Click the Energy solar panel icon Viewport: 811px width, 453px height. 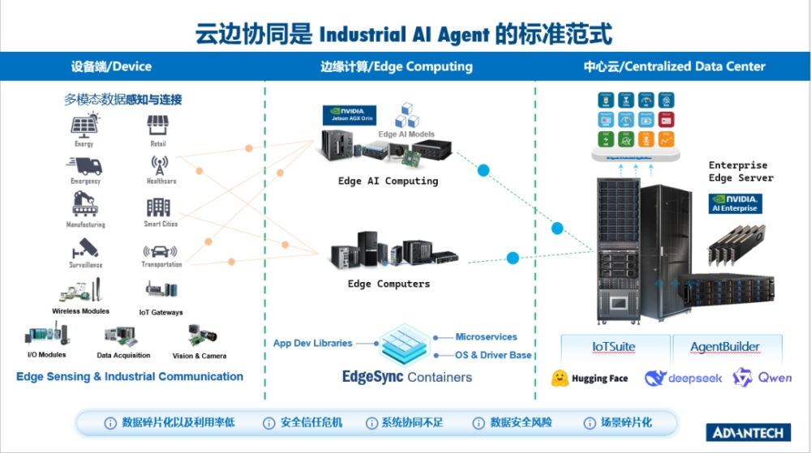click(84, 126)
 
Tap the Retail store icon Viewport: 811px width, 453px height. click(157, 126)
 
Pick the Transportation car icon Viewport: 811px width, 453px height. click(160, 251)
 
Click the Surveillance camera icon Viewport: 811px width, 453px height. click(85, 249)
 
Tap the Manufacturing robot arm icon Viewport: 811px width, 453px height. click(85, 206)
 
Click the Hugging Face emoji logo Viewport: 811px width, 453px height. click(559, 378)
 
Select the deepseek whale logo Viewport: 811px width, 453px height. click(655, 378)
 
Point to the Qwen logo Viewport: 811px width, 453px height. click(742, 377)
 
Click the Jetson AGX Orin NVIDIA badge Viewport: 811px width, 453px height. click(349, 114)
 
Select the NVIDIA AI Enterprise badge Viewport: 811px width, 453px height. click(735, 203)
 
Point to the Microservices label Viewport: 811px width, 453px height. click(486, 336)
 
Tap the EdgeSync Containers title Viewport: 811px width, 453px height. click(406, 377)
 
